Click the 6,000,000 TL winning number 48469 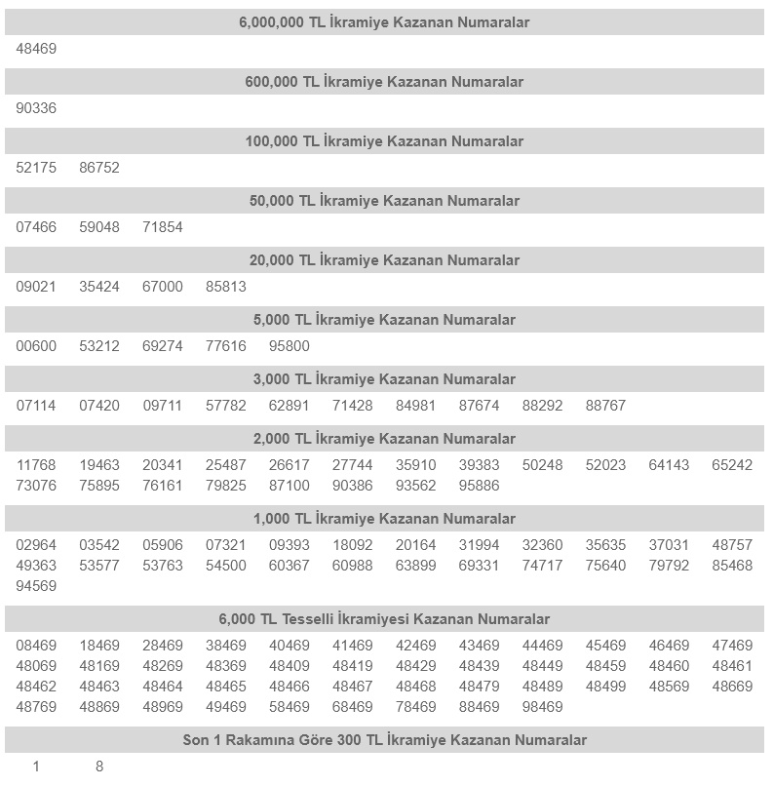(x=36, y=49)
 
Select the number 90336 (x=36, y=108)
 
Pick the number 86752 (x=99, y=168)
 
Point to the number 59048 (x=99, y=227)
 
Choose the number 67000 (x=163, y=287)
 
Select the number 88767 (x=605, y=406)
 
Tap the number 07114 (x=36, y=406)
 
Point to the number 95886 (x=479, y=486)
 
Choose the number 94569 (x=36, y=586)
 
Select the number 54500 (x=226, y=566)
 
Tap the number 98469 (x=542, y=707)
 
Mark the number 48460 (x=669, y=666)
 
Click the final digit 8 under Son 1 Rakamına (x=99, y=766)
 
